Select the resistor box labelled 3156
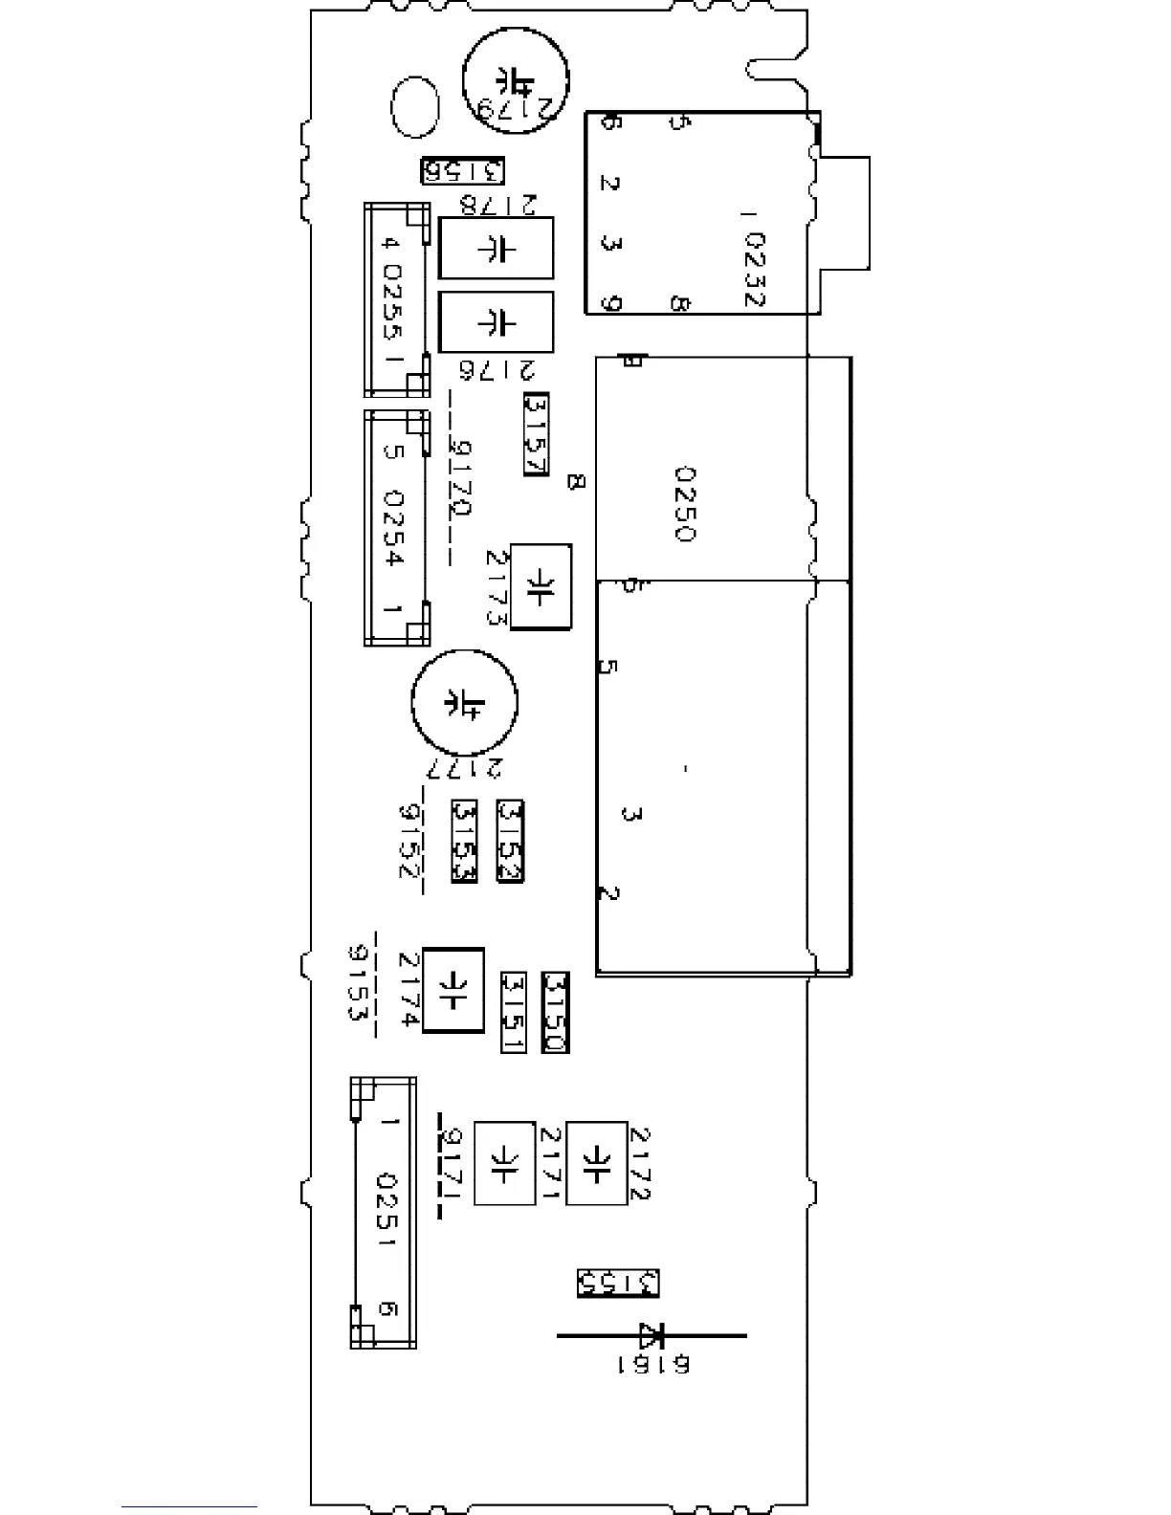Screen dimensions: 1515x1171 (x=463, y=171)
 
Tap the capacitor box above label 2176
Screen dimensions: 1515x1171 (x=496, y=321)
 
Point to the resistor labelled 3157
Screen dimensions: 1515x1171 (x=536, y=434)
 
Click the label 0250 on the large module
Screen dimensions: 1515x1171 (x=685, y=504)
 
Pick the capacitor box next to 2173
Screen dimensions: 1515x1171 (x=541, y=586)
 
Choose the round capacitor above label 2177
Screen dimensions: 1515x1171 (x=464, y=702)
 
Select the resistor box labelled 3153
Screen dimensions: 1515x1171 (x=465, y=841)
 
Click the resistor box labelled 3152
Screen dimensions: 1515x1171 (x=511, y=841)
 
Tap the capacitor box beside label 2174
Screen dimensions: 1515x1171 (x=453, y=990)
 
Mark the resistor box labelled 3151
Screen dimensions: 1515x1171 (x=514, y=1012)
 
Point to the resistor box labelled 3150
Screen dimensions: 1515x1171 (x=555, y=1012)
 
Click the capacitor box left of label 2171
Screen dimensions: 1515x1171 (x=504, y=1163)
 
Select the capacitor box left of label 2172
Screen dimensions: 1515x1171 (x=596, y=1163)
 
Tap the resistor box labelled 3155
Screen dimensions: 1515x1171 (x=619, y=1283)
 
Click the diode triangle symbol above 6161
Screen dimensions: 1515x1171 (x=653, y=1335)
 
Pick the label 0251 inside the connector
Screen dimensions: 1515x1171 (x=387, y=1210)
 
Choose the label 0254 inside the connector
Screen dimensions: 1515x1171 (x=393, y=528)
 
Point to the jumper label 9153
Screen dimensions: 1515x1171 (x=358, y=982)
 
